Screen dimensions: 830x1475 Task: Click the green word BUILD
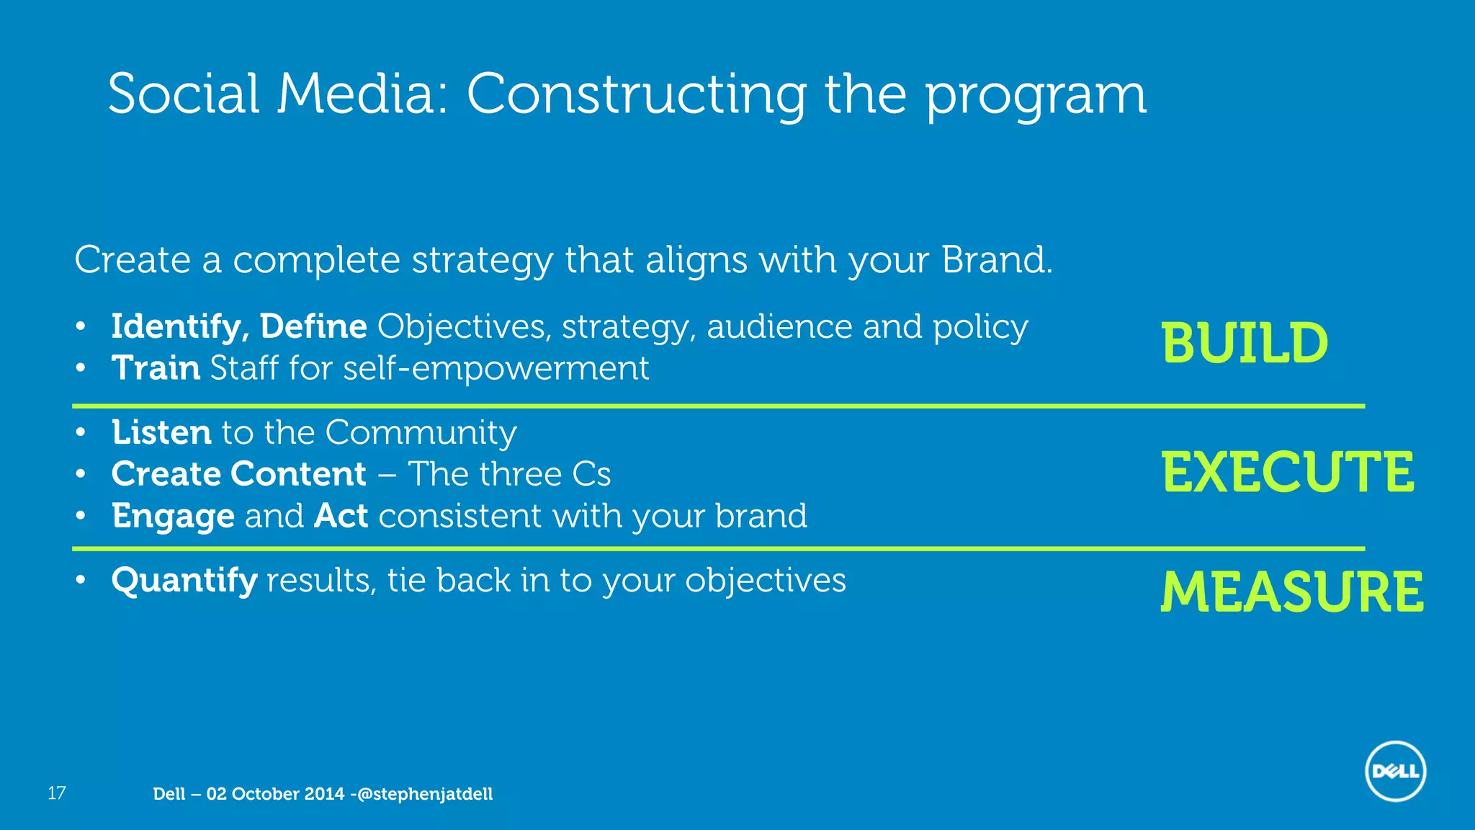[x=1245, y=343]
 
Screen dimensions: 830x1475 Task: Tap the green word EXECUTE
[x=1288, y=472]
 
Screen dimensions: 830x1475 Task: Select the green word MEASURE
[x=1292, y=592]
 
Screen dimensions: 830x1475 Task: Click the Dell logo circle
[x=1395, y=771]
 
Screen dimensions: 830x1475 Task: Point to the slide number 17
[x=56, y=793]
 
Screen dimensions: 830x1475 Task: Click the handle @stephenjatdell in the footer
[x=425, y=794]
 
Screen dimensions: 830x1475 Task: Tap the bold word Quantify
[x=184, y=581]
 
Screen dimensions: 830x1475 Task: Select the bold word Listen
[x=161, y=432]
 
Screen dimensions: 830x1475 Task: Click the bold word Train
[x=156, y=368]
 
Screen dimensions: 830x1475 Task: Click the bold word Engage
[x=173, y=517]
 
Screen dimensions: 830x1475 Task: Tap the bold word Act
[x=341, y=516]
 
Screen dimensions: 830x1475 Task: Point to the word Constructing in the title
[x=637, y=94]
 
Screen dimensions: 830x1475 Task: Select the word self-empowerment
[x=496, y=368]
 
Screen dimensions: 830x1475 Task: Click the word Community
[x=421, y=432]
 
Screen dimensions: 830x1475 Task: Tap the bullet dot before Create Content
[x=81, y=474]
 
